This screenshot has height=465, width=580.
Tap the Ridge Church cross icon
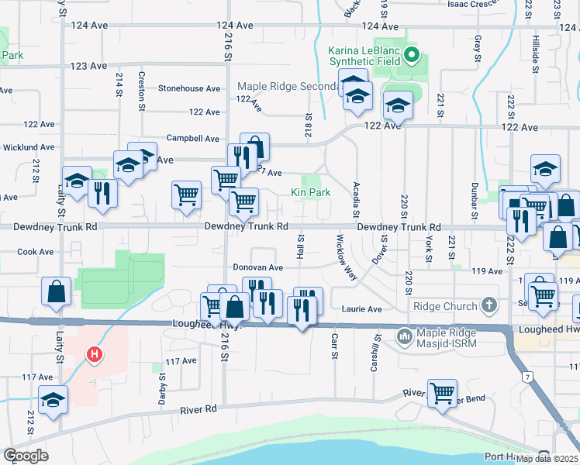[489, 305]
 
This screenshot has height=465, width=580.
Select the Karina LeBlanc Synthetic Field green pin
[413, 56]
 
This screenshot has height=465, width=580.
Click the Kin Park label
[311, 192]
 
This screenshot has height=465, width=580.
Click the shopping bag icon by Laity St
[57, 291]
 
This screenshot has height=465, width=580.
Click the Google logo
[26, 456]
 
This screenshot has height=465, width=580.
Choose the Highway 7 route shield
[526, 377]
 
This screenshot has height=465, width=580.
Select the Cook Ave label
[35, 252]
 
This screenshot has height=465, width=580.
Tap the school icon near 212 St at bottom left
[54, 400]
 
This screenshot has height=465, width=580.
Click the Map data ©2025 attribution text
[547, 458]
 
